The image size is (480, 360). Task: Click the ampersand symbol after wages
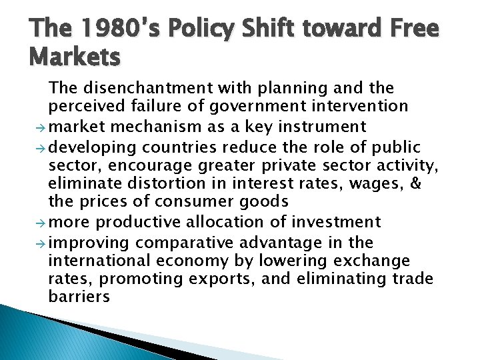[x=415, y=183]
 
